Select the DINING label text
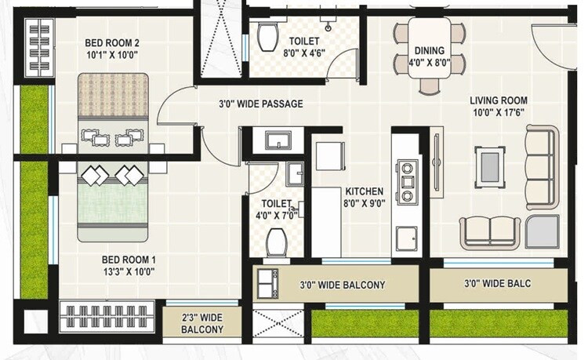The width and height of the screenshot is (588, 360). [429, 51]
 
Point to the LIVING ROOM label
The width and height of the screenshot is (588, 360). [498, 100]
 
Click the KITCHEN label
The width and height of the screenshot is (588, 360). [365, 191]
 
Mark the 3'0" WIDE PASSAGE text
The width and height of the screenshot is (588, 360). [260, 104]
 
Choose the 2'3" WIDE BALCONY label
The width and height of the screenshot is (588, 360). [202, 323]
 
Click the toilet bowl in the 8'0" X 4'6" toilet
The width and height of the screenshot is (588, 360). [267, 35]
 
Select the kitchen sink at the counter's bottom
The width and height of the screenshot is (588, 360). [406, 237]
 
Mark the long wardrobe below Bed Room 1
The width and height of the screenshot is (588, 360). [107, 316]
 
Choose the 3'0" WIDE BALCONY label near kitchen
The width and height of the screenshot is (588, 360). [343, 285]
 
